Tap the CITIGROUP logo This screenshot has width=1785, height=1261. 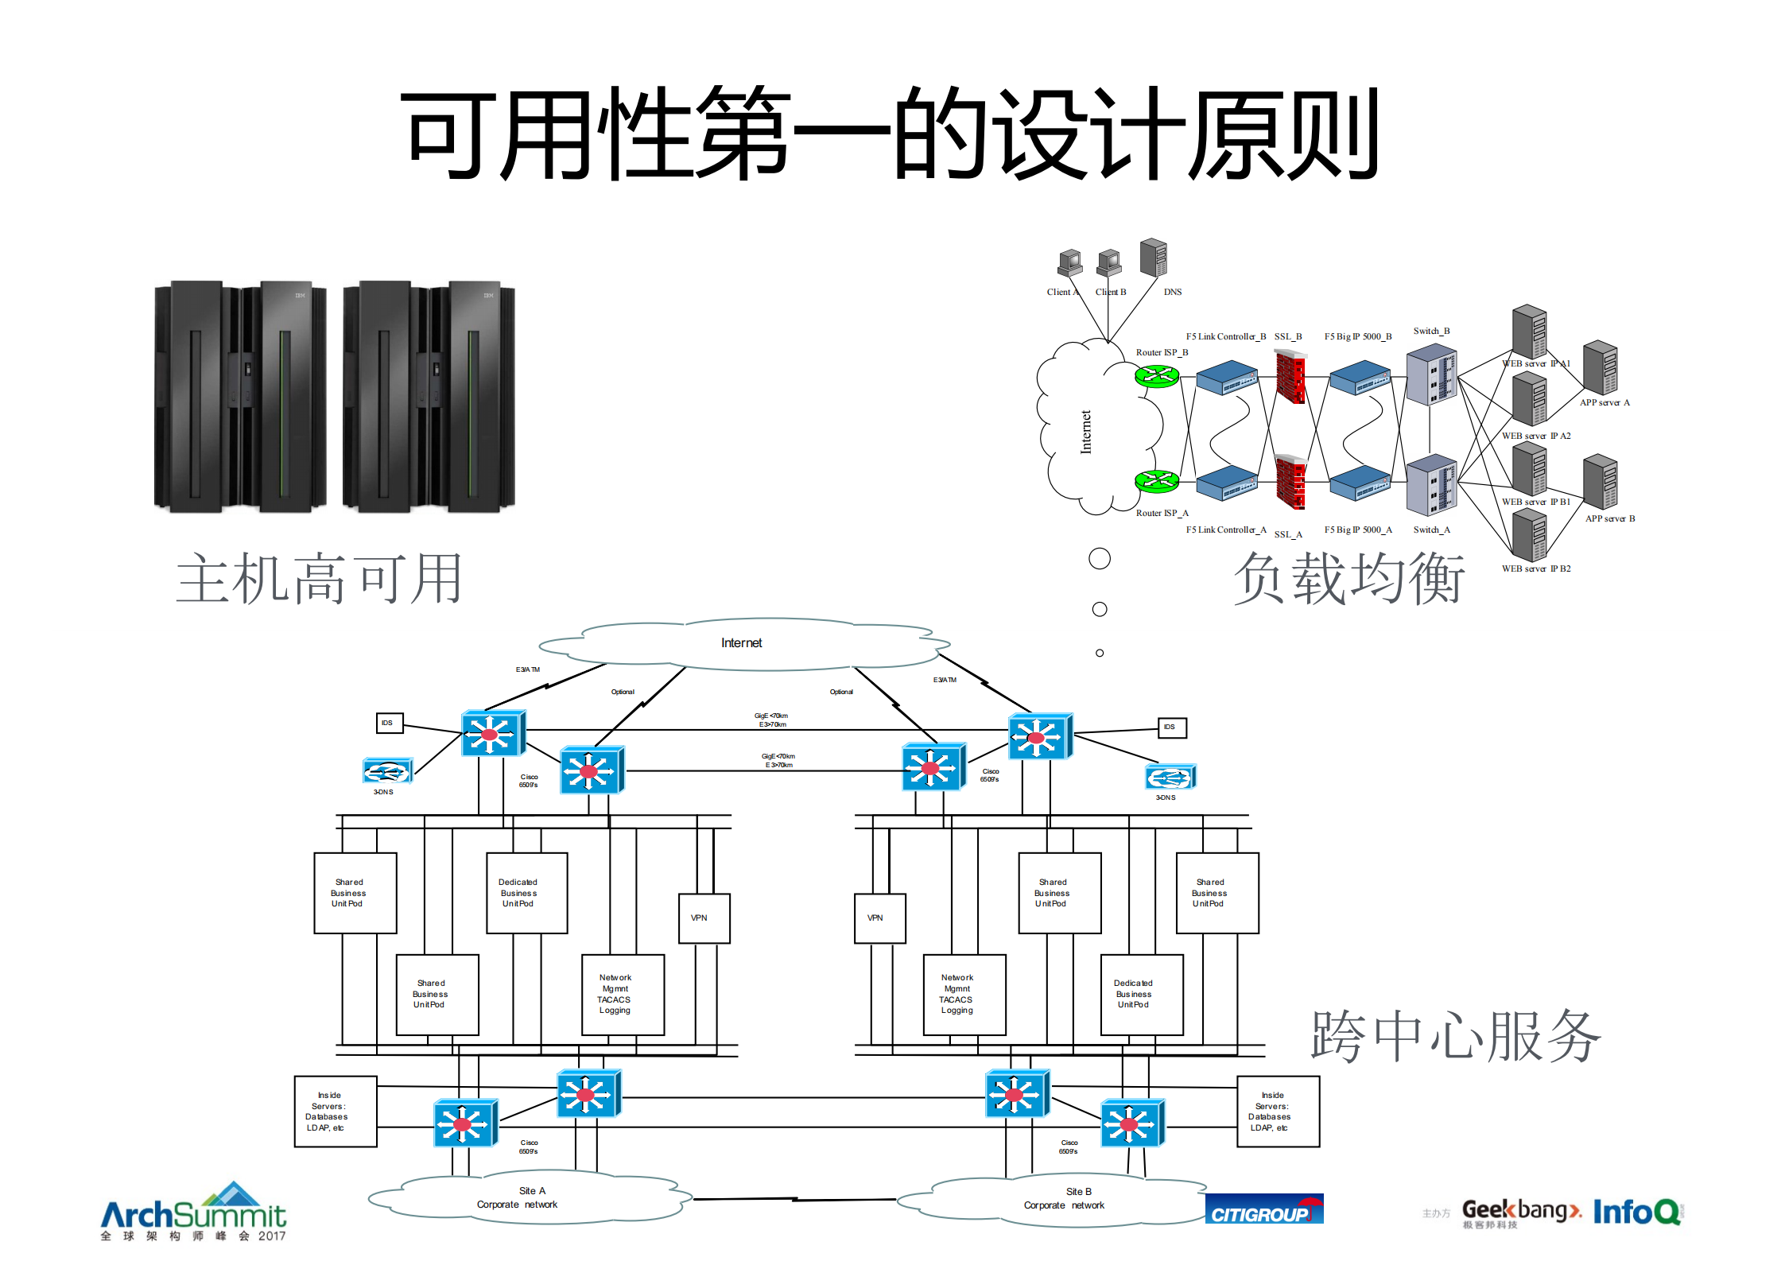coord(1263,1210)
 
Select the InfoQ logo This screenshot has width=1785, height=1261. coord(1636,1212)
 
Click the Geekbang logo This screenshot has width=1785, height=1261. coord(1520,1212)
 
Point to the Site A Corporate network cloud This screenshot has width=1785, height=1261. coord(528,1197)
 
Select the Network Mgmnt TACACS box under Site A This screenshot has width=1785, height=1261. coord(623,994)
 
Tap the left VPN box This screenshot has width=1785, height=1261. coord(704,918)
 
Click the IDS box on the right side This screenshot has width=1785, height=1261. coord(1171,727)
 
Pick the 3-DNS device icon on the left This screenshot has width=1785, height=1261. coord(387,771)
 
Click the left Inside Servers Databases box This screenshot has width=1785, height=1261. coord(335,1112)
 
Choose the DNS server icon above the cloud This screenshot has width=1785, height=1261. coord(1153,258)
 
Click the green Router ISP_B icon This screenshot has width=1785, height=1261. coord(1156,375)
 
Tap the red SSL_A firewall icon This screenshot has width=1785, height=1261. coord(1290,482)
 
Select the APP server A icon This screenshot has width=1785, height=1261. coord(1600,367)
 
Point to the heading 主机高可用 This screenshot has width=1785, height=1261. coord(319,579)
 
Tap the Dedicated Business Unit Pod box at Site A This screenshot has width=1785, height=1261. coord(526,893)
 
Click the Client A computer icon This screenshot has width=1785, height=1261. coord(1070,262)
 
